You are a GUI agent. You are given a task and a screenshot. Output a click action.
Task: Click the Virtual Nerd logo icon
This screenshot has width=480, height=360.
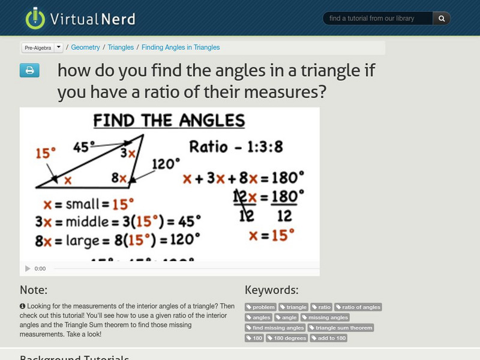tap(35, 19)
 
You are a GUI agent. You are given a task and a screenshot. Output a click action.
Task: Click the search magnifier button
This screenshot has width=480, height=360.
tap(442, 19)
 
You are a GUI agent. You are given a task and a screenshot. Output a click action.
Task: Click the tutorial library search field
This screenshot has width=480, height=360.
tap(378, 19)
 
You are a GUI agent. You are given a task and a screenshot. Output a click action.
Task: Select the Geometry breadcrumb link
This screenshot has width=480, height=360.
tap(85, 47)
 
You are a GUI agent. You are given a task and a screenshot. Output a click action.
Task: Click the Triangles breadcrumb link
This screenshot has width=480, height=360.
tap(121, 47)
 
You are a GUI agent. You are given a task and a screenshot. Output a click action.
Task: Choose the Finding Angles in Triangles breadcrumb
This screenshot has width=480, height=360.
tap(181, 47)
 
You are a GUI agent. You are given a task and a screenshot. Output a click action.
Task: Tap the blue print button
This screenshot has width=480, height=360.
tap(29, 71)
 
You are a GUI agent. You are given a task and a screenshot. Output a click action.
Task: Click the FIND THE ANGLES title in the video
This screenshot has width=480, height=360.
tap(169, 121)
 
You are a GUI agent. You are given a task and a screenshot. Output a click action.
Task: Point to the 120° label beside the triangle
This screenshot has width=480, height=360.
tap(166, 163)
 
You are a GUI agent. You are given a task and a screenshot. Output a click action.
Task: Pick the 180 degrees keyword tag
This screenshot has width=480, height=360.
tap(288, 338)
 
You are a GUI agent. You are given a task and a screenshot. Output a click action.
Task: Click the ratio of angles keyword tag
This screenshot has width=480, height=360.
tap(358, 307)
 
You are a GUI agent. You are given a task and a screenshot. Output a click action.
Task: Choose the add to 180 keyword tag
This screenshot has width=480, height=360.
tap(329, 338)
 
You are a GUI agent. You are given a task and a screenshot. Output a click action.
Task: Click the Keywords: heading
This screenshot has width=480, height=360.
tap(271, 290)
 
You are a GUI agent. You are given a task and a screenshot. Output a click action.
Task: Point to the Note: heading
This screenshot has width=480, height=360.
tap(34, 290)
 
